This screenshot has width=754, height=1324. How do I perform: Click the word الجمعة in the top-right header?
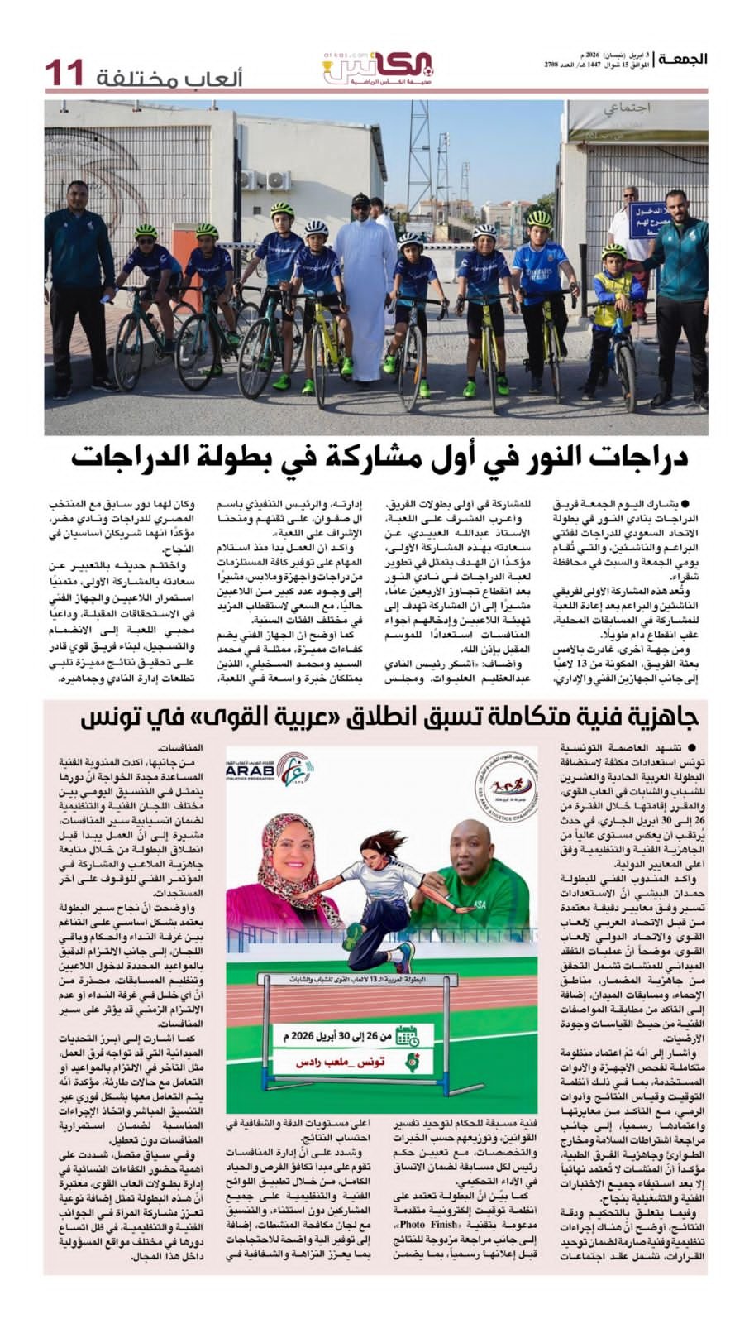681,59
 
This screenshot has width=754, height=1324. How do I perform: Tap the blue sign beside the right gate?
651,221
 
